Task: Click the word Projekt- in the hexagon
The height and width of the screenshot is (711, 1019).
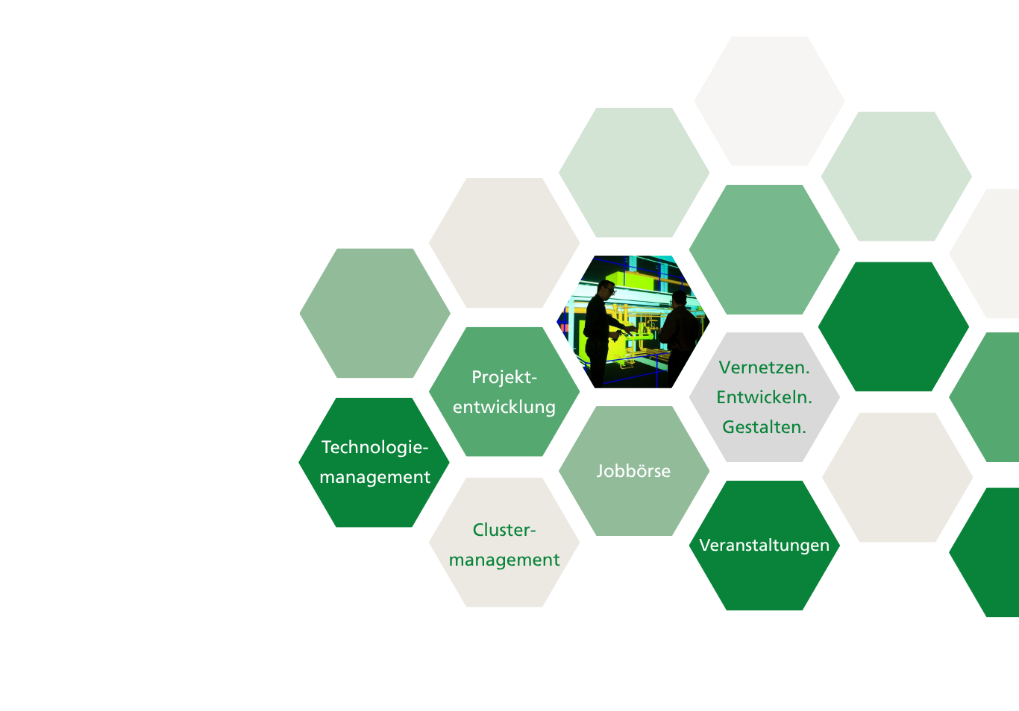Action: (x=504, y=377)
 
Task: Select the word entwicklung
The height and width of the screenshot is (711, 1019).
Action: (x=504, y=407)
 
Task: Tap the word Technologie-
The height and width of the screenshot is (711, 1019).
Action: (x=374, y=447)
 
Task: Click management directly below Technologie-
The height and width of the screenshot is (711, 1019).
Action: (x=374, y=477)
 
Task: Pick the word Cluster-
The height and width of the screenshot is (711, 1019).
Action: (x=504, y=530)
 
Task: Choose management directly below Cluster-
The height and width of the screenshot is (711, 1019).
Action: (x=504, y=560)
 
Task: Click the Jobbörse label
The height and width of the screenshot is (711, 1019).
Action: (x=633, y=471)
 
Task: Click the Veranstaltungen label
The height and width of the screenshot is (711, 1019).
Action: (x=764, y=546)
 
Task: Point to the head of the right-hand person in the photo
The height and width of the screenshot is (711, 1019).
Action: (x=679, y=300)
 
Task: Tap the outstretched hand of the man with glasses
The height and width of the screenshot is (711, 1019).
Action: (x=632, y=329)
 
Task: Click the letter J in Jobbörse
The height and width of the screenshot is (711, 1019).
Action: (x=599, y=471)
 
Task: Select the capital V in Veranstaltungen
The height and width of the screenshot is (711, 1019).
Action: (x=704, y=546)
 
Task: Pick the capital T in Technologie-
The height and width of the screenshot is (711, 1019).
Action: (x=326, y=447)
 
